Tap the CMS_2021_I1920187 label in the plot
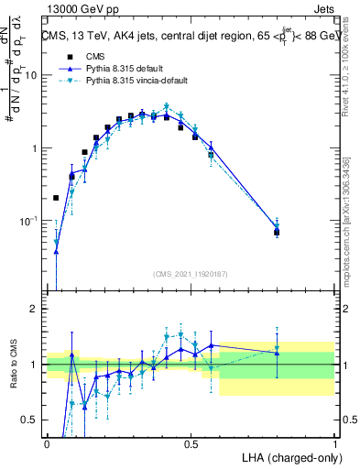[x=191, y=274]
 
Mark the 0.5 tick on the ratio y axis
[x=32, y=420]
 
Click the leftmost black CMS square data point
[x=56, y=197]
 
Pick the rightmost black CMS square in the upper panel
[x=277, y=232]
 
